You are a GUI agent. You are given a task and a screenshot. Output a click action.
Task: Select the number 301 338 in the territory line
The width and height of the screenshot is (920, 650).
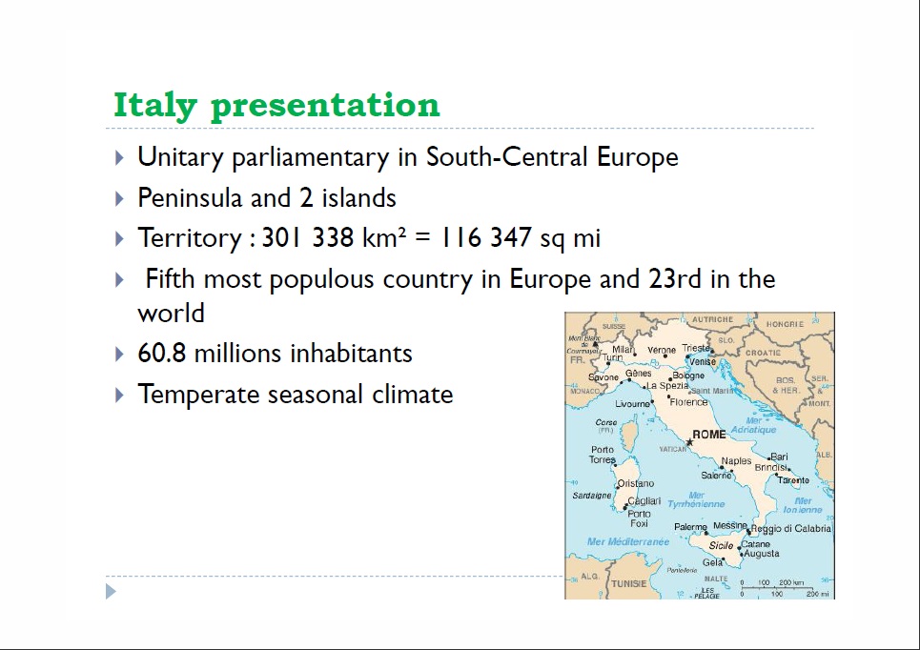tap(308, 238)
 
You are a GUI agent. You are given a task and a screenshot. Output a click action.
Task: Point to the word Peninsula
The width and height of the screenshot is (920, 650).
tap(189, 198)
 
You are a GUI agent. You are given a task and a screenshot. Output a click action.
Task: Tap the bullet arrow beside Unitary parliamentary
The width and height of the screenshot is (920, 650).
tap(119, 157)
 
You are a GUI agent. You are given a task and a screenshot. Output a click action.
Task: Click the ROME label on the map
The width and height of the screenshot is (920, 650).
tap(708, 435)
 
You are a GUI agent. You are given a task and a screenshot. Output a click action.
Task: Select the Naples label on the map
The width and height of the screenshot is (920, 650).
tap(736, 461)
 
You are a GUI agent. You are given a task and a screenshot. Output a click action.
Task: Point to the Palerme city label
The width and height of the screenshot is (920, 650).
tap(690, 527)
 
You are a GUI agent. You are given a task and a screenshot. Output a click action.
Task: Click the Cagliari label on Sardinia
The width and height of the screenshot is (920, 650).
tap(644, 501)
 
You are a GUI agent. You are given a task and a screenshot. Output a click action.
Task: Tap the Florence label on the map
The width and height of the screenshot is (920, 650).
tap(688, 402)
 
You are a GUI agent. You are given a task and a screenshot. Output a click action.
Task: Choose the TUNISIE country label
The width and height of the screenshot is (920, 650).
tap(628, 583)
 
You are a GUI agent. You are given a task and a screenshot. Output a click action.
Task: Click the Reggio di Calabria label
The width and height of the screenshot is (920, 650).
tap(791, 529)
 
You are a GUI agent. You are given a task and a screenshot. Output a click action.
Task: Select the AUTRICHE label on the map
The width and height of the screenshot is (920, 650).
tap(712, 320)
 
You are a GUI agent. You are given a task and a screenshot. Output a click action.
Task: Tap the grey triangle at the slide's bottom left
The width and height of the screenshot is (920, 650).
tap(111, 592)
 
